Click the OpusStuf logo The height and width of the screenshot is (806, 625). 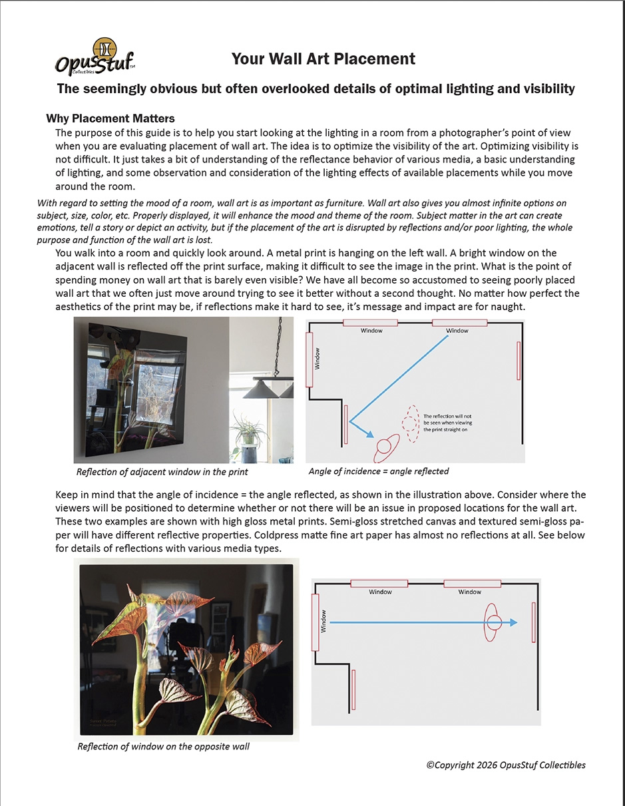point(95,58)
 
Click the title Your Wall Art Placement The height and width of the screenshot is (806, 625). point(323,59)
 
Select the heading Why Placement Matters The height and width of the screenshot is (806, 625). point(110,118)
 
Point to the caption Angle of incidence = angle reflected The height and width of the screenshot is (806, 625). point(379,471)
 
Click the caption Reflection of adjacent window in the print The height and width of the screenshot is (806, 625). point(162,472)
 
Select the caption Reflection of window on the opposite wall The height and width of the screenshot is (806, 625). point(163,746)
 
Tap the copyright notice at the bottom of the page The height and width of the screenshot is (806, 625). point(506,765)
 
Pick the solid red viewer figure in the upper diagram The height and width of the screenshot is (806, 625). point(385,448)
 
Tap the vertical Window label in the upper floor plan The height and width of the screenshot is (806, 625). point(317,359)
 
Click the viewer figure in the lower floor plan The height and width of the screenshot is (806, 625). point(493,623)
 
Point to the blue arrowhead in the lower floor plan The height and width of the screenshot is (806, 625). point(513,623)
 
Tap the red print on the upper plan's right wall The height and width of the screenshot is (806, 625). point(518,361)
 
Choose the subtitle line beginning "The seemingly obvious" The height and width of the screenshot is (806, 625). point(315,89)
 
